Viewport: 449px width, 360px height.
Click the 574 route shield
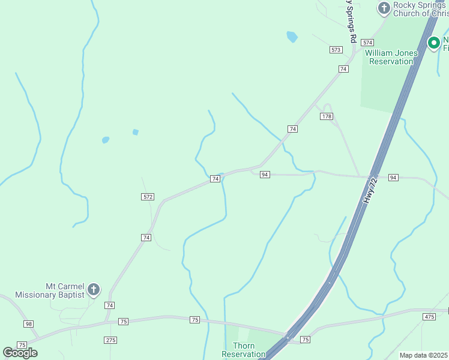pos(368,43)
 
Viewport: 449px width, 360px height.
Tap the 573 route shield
pos(336,49)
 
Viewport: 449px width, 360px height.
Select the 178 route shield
pos(326,116)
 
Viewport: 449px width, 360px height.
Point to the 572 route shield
pos(148,197)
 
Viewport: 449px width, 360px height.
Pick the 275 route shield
pos(110,340)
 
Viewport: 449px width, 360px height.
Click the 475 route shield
pos(429,316)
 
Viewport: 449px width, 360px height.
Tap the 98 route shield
pos(29,324)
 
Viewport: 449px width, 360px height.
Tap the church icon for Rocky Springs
pos(384,8)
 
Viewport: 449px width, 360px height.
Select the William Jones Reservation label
pos(391,57)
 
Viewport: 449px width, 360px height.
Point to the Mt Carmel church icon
pos(93,290)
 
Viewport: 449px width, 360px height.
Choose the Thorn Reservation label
pos(243,350)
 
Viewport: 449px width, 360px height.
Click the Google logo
pos(20,353)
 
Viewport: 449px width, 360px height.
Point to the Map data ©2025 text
pos(424,355)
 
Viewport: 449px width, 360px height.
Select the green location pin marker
pos(433,43)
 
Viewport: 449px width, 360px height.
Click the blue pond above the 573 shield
pos(292,37)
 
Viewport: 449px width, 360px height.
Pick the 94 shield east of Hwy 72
pos(393,178)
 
